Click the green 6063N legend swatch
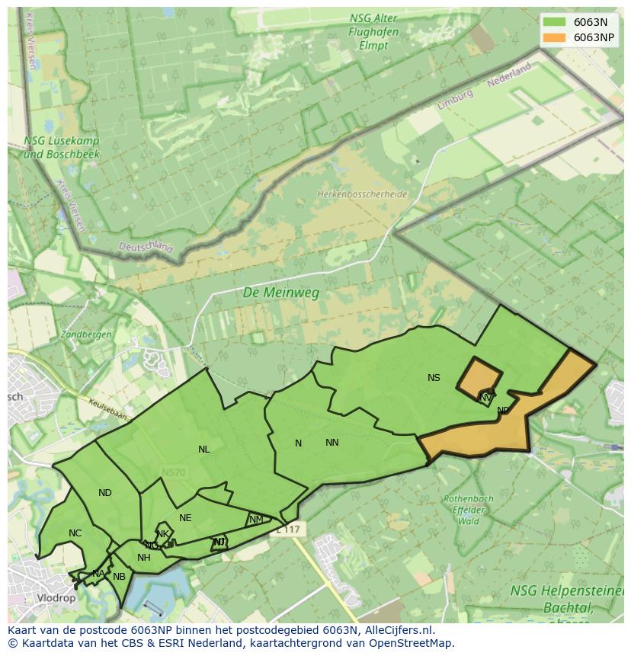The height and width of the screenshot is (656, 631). tap(554, 22)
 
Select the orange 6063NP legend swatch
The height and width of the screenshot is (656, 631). tap(554, 37)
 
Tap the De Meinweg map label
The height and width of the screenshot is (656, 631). tap(281, 293)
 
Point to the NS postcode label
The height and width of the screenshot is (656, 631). tap(434, 378)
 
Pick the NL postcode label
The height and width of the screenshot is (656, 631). tap(203, 450)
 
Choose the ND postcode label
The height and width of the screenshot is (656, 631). tap(105, 493)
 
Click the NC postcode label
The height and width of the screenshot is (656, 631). tap(75, 533)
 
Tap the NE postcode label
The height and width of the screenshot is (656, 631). tap(185, 518)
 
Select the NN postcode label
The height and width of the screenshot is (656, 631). tap(332, 443)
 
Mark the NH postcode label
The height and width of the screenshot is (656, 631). tap(143, 558)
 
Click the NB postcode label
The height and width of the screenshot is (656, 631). tap(119, 577)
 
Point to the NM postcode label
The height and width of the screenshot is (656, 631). tap(256, 520)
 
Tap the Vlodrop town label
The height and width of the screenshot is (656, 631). tap(56, 598)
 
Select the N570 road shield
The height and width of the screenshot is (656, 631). tap(174, 473)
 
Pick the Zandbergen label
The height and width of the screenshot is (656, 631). tap(86, 334)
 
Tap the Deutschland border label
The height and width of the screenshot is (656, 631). tap(146, 246)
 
